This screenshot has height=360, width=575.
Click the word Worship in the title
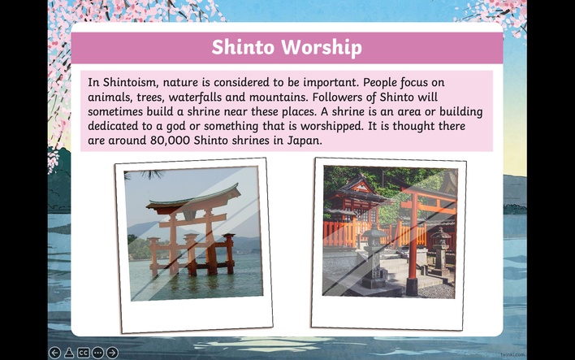[322, 47]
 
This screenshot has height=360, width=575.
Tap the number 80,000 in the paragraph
[170, 141]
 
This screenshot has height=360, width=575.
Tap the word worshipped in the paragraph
[331, 126]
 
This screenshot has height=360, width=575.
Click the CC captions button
[83, 353]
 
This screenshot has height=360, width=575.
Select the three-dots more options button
[98, 353]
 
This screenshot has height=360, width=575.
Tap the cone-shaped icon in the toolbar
[69, 353]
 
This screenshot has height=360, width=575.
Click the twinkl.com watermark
[512, 354]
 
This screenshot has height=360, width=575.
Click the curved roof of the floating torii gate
[193, 198]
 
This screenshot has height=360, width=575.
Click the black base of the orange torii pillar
[412, 287]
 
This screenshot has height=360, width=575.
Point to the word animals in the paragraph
[109, 98]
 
